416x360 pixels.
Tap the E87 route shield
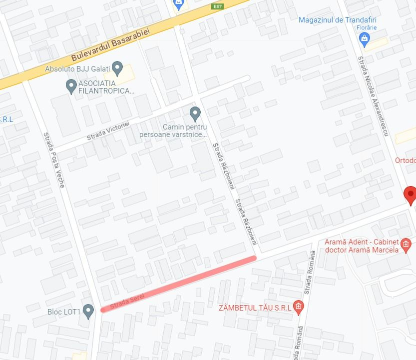coord(217,6)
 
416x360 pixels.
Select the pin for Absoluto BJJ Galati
coord(117,67)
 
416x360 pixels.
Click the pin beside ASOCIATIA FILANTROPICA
coord(71,86)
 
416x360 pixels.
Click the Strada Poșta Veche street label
coord(54,159)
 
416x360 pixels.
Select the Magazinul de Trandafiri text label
coord(337,20)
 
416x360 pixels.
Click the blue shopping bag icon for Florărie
coord(365,39)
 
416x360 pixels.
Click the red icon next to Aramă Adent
coord(406,245)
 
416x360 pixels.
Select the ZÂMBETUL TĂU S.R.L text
coord(255,307)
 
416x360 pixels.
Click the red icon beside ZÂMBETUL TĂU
coord(298,307)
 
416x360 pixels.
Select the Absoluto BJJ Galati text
coord(77,69)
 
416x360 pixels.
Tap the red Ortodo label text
coord(405,160)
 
